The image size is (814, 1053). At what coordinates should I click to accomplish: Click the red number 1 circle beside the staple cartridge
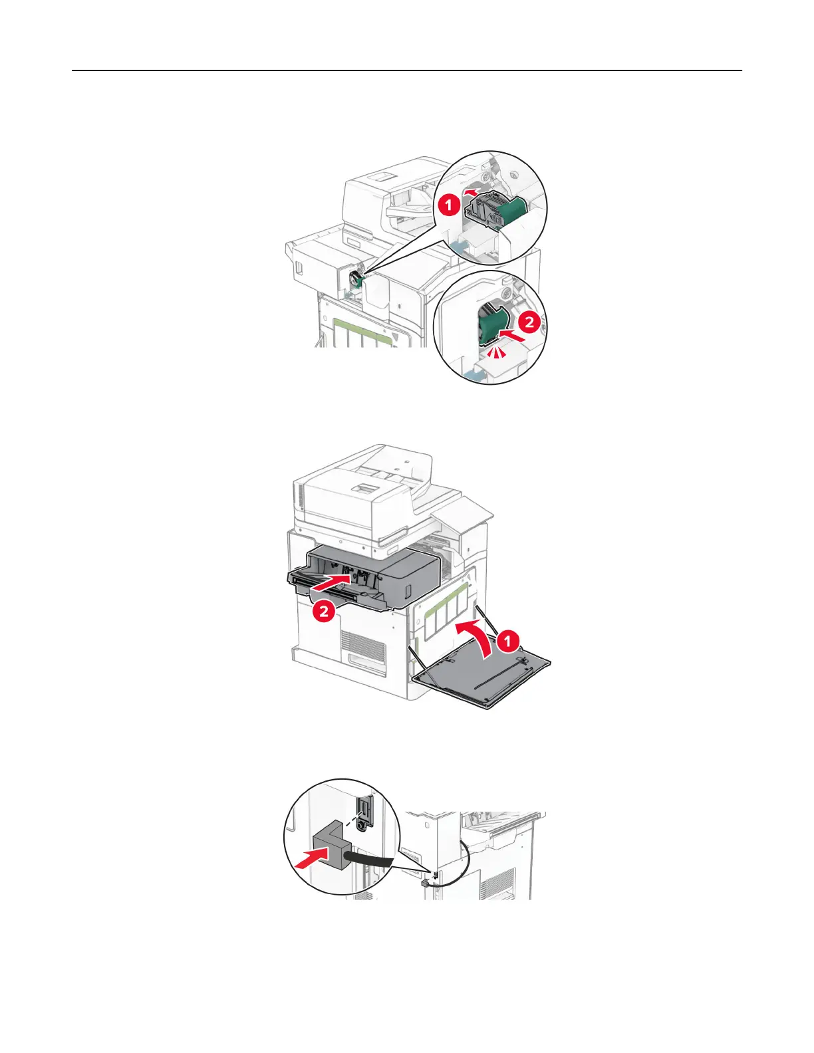tap(449, 204)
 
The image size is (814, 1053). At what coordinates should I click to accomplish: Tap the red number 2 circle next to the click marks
tap(529, 322)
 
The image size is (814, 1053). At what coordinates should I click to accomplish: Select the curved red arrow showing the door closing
tap(475, 638)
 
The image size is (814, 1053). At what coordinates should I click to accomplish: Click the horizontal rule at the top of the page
tap(406, 70)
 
